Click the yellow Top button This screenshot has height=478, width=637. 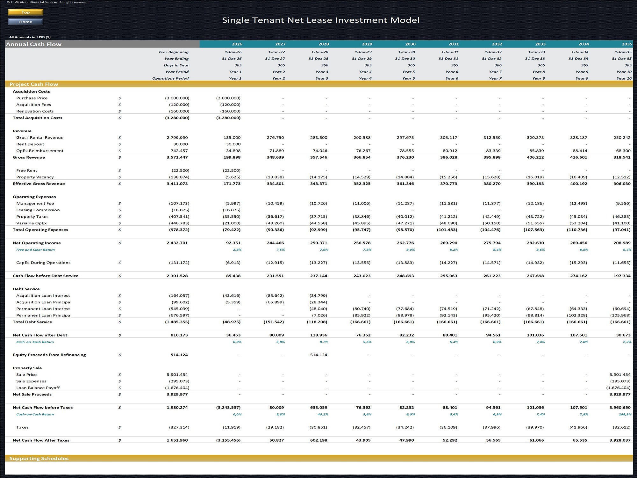click(x=25, y=12)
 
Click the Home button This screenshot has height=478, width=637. click(x=25, y=22)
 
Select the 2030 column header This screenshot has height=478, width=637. click(x=410, y=44)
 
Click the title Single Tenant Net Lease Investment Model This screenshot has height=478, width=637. click(x=320, y=20)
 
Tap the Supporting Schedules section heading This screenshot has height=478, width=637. click(x=39, y=458)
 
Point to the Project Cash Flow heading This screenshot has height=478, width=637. click(x=34, y=84)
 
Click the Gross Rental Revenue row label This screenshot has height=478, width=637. click(x=40, y=138)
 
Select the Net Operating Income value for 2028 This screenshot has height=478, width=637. click(x=318, y=243)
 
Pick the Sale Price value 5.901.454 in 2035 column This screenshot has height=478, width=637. click(x=620, y=374)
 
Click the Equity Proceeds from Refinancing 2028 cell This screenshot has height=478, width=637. click(x=318, y=355)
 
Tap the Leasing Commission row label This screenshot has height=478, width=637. click(x=38, y=210)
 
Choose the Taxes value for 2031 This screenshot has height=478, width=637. click(x=448, y=427)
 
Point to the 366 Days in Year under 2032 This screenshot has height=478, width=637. click(x=498, y=65)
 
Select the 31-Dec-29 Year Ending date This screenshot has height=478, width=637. click(x=361, y=59)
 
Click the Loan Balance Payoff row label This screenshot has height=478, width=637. click(x=38, y=388)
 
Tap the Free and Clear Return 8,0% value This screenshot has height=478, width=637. click(x=411, y=250)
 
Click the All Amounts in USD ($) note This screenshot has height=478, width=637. click(x=30, y=37)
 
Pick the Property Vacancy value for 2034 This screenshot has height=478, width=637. click(x=578, y=177)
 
